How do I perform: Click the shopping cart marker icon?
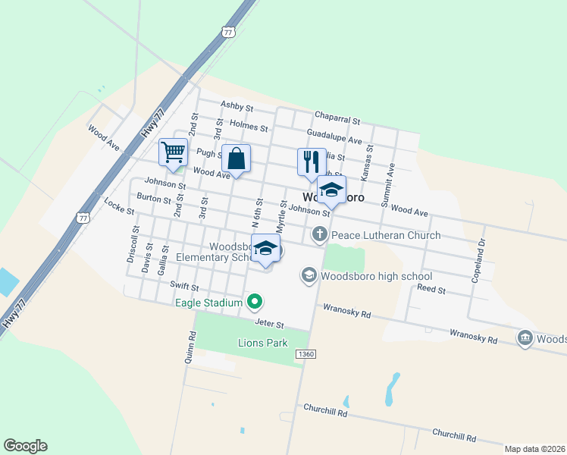pos(174,152)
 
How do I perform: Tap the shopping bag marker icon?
pos(236,159)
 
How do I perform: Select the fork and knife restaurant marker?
pos(312,162)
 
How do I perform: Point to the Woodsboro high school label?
pos(376,276)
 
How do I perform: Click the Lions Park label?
pos(262,343)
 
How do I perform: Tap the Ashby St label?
pos(237,105)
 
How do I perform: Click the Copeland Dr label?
pos(479,261)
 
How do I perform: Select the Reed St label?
pos(431,290)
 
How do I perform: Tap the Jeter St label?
pos(268,323)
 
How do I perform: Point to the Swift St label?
pos(184,287)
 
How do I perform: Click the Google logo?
pos(25,446)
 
